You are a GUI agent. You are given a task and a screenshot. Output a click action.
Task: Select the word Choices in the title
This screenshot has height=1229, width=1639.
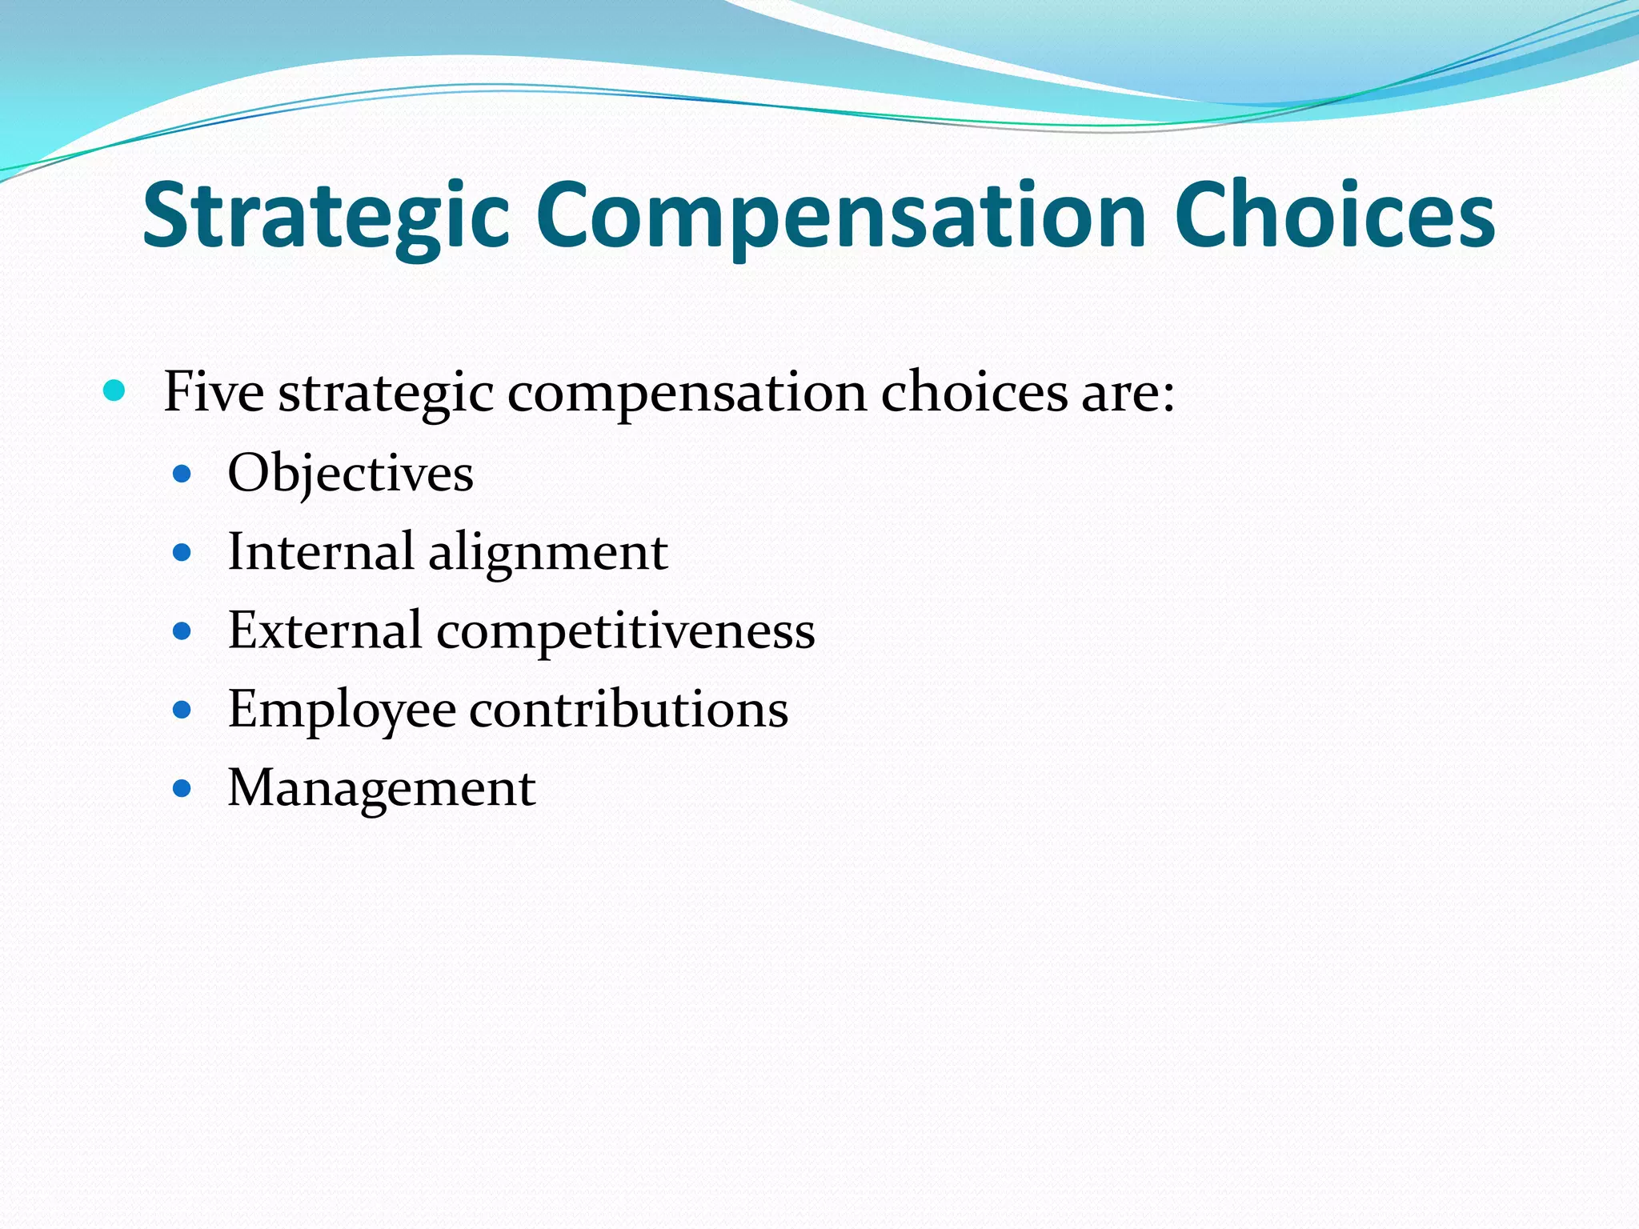[1334, 214]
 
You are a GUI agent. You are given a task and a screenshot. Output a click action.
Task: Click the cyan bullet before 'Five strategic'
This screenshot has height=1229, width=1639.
[115, 391]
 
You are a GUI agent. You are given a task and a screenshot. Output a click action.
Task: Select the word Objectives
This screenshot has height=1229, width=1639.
[351, 474]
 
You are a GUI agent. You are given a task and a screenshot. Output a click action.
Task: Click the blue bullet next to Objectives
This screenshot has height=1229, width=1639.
[182, 474]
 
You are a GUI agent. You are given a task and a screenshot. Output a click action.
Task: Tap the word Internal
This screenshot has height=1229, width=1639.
[320, 551]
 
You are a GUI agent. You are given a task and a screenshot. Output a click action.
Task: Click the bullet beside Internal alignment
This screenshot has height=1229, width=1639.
[182, 552]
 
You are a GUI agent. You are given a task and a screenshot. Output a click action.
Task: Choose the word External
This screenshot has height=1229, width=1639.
[324, 630]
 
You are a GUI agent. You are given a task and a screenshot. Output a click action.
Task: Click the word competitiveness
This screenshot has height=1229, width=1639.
[625, 631]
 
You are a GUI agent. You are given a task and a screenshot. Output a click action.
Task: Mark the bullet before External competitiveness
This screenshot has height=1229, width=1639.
[182, 631]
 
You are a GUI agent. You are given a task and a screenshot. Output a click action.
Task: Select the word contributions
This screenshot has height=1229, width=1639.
[628, 709]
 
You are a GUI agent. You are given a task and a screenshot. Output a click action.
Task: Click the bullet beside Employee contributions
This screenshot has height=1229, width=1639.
[182, 710]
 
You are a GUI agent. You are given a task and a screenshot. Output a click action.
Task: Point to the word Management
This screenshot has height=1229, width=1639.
[382, 788]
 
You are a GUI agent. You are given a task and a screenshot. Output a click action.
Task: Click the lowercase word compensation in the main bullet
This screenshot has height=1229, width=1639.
[687, 394]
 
